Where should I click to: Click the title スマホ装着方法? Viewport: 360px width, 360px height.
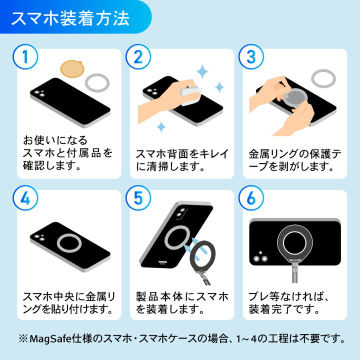[x=70, y=17]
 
